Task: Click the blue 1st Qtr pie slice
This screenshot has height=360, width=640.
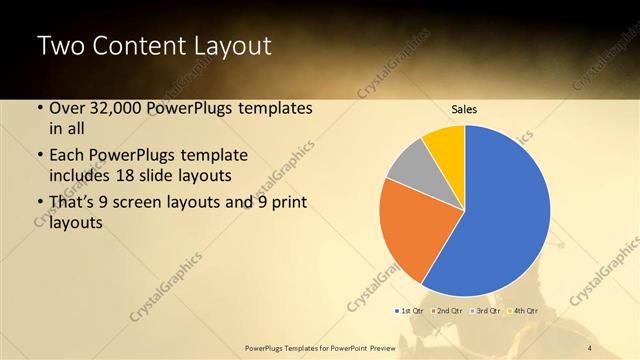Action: tap(505, 215)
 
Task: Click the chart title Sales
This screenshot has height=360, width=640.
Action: tap(465, 109)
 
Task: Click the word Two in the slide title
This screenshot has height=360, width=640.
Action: tap(61, 47)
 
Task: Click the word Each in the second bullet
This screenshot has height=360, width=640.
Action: tap(68, 156)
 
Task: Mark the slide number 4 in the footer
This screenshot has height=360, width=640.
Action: tap(590, 347)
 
